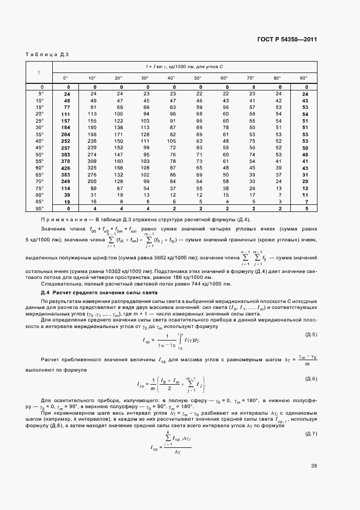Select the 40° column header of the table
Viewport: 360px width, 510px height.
171,78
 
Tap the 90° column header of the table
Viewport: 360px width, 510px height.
304,78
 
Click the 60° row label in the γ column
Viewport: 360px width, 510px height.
40,168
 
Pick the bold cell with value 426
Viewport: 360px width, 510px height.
66,168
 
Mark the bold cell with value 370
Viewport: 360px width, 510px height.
66,161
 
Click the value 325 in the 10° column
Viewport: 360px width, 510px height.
92,168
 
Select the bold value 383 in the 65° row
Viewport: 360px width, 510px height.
66,174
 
